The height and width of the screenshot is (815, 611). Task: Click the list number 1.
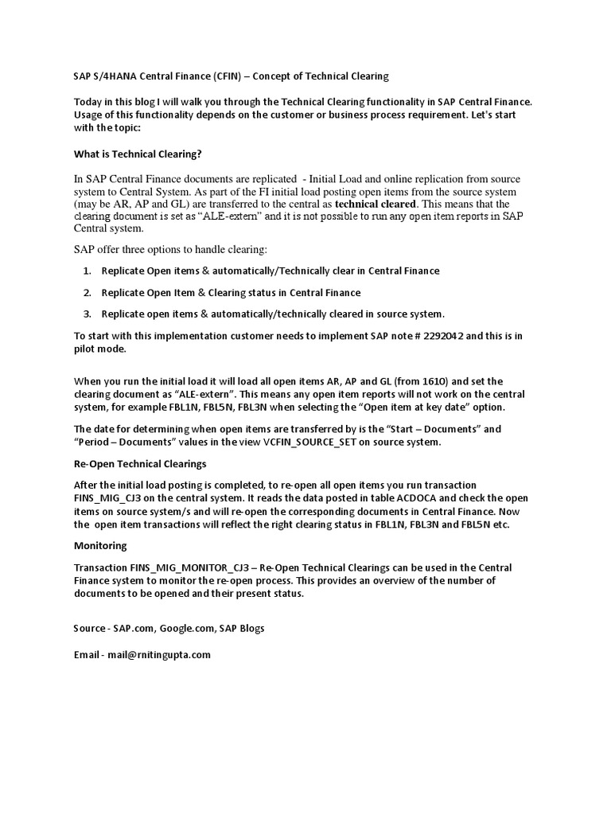[x=87, y=271]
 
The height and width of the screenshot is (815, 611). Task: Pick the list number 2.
[x=87, y=293]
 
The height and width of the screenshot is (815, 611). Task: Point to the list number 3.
[x=87, y=314]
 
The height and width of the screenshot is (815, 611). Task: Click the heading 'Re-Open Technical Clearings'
[x=140, y=463]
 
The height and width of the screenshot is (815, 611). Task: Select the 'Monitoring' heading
[x=100, y=546]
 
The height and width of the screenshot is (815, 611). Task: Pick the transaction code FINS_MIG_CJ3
[x=111, y=497]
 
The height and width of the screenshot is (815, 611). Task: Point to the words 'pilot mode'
[x=99, y=349]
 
